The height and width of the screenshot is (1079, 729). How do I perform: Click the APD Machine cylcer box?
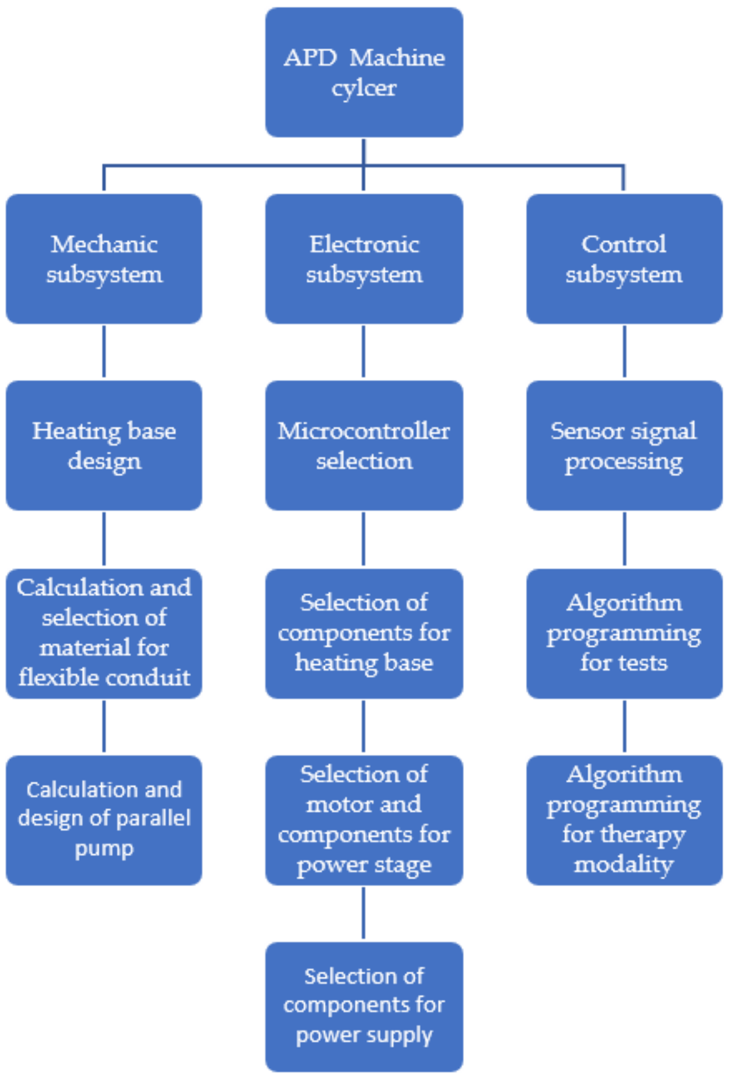[x=364, y=72]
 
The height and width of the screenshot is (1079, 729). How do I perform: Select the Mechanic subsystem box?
[x=104, y=259]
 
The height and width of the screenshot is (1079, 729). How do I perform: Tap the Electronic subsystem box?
[x=364, y=259]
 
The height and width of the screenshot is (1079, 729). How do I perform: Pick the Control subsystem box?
[x=624, y=259]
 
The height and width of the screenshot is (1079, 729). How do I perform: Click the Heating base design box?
[x=104, y=445]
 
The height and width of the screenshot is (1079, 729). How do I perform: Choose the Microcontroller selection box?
[x=364, y=445]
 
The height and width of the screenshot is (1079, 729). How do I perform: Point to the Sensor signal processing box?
[x=624, y=445]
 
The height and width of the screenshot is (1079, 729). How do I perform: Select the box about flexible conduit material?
[x=104, y=633]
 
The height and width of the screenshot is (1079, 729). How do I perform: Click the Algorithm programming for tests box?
[x=624, y=633]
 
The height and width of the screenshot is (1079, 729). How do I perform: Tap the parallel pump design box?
[x=104, y=820]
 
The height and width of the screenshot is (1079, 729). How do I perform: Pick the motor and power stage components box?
[x=364, y=820]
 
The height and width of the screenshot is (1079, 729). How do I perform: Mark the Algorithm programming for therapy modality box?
[x=624, y=820]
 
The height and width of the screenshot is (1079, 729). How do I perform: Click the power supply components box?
[x=364, y=1006]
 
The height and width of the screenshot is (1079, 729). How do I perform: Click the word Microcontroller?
[x=364, y=431]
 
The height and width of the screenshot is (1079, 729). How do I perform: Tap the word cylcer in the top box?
[x=364, y=89]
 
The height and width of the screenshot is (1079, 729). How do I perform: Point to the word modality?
[x=624, y=865]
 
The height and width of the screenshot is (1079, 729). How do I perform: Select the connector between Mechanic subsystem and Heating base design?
[x=104, y=352]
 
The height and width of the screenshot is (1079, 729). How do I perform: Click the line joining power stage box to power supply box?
[x=364, y=913]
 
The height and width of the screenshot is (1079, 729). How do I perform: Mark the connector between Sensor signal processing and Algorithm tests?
[x=624, y=539]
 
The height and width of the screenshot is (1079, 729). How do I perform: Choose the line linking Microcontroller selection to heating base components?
[x=364, y=539]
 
